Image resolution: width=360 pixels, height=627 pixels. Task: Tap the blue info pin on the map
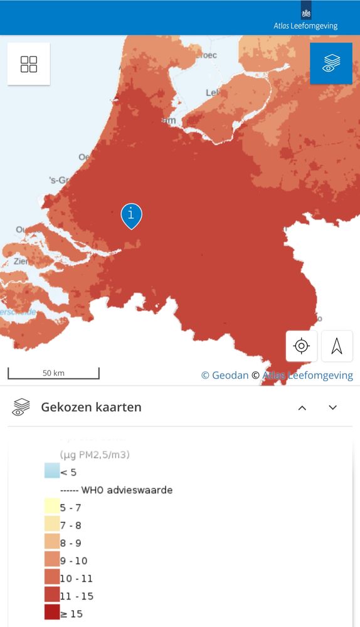pos(131,215)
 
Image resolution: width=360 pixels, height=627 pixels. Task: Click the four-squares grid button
pos(29,64)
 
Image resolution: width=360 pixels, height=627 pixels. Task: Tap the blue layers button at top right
pos(331,63)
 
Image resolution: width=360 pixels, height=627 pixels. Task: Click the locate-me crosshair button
pos(302,346)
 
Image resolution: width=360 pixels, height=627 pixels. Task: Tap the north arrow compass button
pos(337,346)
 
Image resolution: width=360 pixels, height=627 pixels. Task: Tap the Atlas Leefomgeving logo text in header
pos(305,26)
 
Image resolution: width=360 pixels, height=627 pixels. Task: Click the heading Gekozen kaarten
pos(91,407)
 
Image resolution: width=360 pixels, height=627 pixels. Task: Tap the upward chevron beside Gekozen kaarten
pos(302,408)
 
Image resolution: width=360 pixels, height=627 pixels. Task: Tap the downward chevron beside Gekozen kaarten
pos(333,408)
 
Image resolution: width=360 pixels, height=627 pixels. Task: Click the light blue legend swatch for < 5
pos(52,471)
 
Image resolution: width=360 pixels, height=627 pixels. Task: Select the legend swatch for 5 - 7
pos(52,507)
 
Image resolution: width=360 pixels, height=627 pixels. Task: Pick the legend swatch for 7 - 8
pos(52,524)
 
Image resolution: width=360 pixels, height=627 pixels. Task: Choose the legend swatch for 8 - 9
pos(52,542)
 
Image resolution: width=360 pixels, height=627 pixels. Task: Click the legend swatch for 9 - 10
pos(52,560)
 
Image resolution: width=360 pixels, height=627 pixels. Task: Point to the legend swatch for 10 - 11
pos(52,577)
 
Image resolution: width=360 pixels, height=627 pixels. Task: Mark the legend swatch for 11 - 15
pos(52,595)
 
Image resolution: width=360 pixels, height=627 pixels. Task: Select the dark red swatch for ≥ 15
pos(52,613)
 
